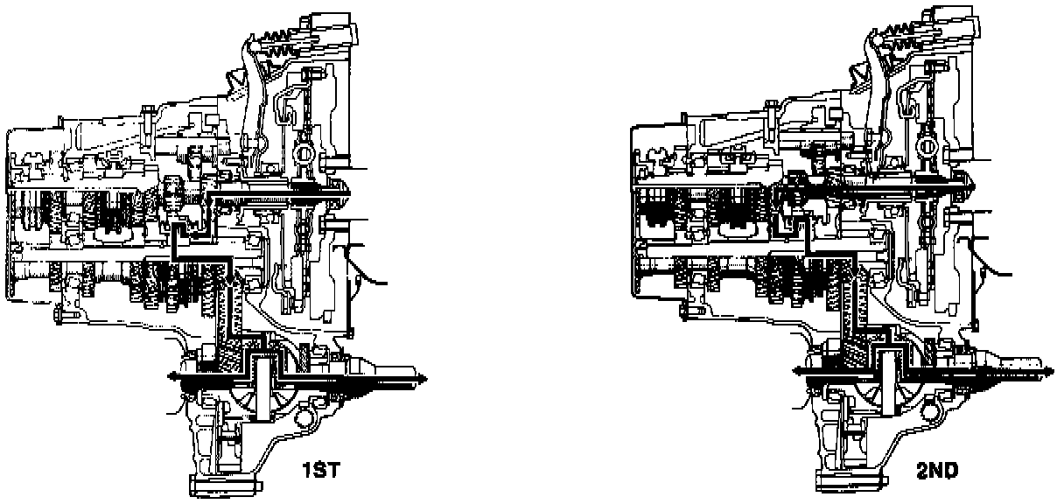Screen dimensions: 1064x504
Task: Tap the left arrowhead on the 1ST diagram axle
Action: [172, 376]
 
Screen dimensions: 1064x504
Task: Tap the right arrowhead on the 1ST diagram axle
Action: [423, 377]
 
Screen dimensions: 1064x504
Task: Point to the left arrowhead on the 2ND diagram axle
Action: [798, 371]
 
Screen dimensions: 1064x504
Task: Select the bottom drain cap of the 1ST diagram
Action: [226, 483]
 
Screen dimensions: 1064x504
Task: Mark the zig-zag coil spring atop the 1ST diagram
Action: [280, 44]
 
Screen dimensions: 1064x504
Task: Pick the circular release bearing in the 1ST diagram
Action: [304, 154]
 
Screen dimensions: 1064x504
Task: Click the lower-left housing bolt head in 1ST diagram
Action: [59, 312]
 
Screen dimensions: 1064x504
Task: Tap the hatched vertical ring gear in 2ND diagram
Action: [853, 302]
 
